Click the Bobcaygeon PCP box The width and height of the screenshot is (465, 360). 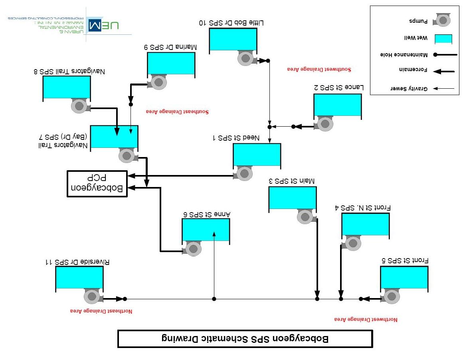coord(97,184)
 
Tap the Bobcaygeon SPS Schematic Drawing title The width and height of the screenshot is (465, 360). coord(245,338)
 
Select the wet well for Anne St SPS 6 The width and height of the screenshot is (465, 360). coord(206,230)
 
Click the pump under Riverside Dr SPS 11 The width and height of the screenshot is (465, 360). coord(92,296)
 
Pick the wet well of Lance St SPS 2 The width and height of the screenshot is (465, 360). coord(338,105)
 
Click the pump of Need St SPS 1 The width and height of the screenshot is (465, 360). coord(245,173)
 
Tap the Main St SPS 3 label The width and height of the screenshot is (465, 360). coord(292,181)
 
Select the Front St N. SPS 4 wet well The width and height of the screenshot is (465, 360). coord(365,224)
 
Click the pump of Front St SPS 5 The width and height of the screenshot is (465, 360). coord(392,297)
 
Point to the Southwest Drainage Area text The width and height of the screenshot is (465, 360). coord(319,69)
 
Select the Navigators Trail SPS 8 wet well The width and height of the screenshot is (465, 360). coord(67,87)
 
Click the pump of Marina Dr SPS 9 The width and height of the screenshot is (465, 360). coord(159,82)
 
